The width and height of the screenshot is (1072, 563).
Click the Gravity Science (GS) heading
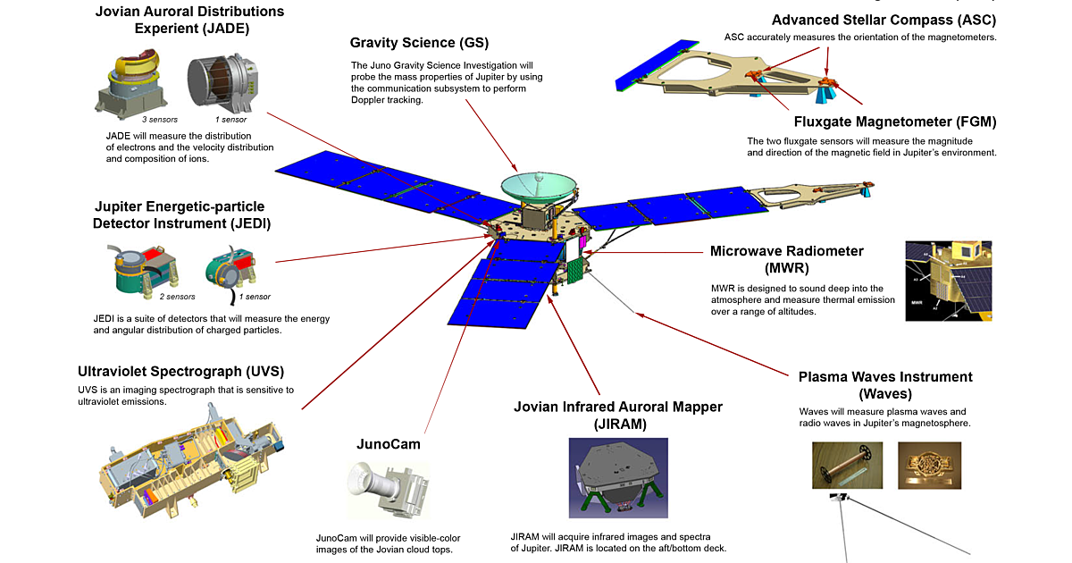(x=419, y=43)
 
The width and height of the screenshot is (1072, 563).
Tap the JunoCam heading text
(x=389, y=443)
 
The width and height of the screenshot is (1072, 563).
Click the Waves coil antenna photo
(x=845, y=465)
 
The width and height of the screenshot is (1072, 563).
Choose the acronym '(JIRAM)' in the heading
(x=617, y=424)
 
